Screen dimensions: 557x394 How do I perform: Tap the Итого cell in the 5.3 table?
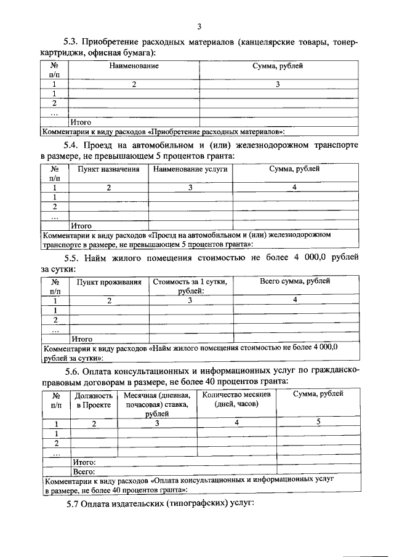(81, 122)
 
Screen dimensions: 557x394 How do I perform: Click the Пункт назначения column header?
(108, 168)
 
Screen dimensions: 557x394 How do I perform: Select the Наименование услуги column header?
(190, 168)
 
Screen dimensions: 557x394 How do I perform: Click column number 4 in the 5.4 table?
(295, 187)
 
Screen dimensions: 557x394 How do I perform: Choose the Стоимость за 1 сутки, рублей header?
(190, 286)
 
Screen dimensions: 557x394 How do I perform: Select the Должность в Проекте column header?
(94, 400)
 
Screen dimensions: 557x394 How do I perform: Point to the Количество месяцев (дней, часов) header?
(236, 400)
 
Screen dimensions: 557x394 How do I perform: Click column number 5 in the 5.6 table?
(318, 422)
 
